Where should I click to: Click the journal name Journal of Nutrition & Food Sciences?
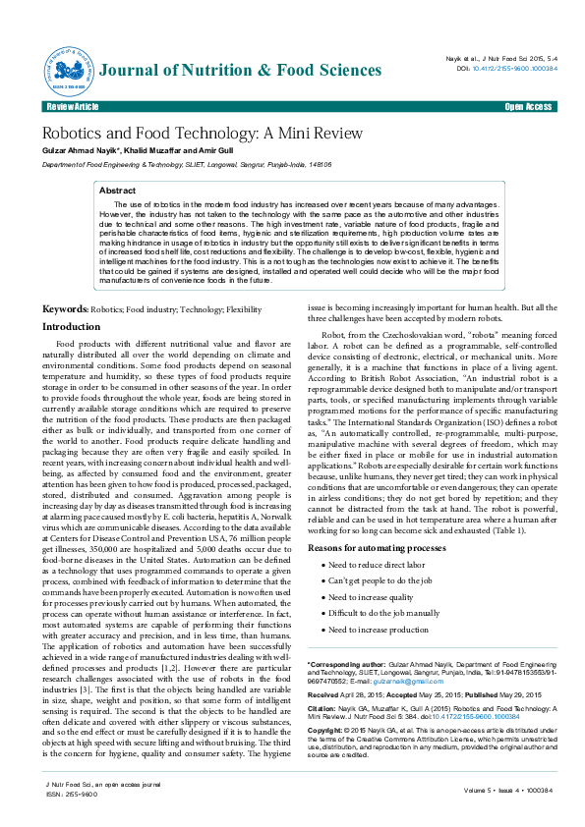(241, 70)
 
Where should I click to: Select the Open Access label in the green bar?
(528, 106)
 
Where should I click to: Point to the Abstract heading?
(118, 190)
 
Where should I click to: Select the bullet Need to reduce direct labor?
(377, 565)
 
